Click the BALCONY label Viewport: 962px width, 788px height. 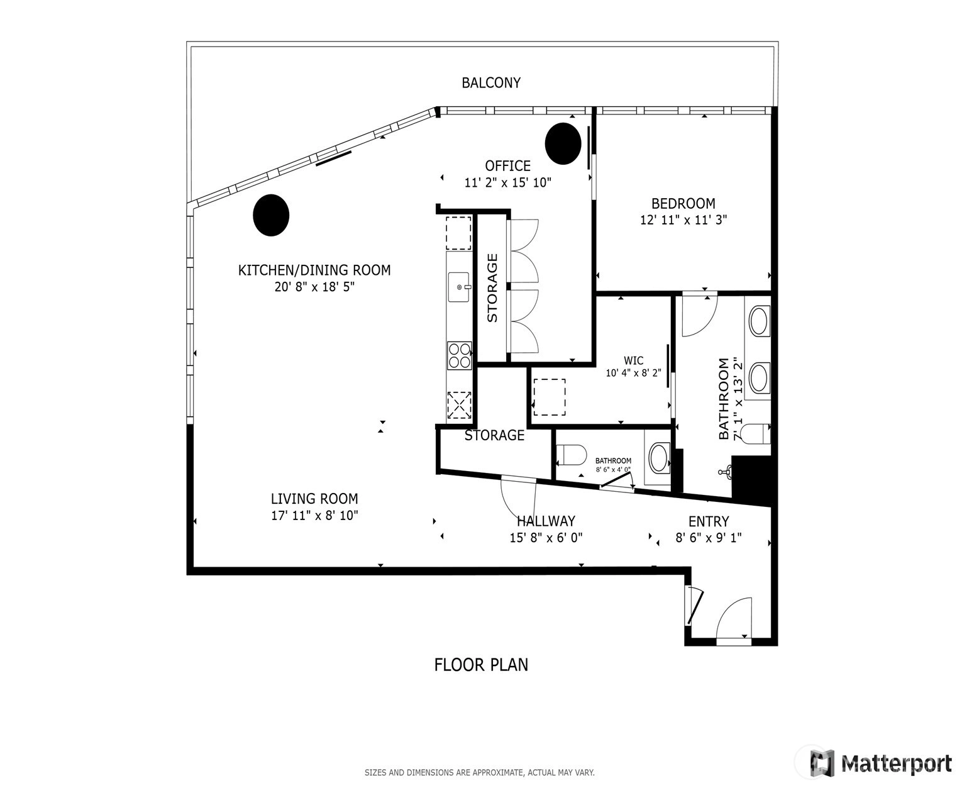[x=491, y=82]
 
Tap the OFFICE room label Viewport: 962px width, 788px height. [x=507, y=165]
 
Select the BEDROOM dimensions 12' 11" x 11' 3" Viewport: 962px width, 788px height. [x=683, y=220]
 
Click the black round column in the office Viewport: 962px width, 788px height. [x=563, y=143]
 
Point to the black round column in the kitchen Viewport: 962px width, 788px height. [x=271, y=215]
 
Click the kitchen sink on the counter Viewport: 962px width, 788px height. [x=459, y=287]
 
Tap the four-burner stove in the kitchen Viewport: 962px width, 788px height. [x=460, y=355]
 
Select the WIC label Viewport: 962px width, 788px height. [x=634, y=361]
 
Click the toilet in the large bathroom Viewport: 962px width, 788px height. [x=755, y=434]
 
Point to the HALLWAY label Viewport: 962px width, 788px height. [x=546, y=521]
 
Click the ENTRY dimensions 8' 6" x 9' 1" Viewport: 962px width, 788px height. [x=709, y=538]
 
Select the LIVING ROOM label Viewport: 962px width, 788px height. [x=314, y=499]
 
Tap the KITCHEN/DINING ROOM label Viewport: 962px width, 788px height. [x=314, y=270]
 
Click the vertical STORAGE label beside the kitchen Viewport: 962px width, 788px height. [x=492, y=288]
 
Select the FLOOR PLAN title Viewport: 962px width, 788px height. [x=481, y=665]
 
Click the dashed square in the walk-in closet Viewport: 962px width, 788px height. [x=549, y=397]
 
